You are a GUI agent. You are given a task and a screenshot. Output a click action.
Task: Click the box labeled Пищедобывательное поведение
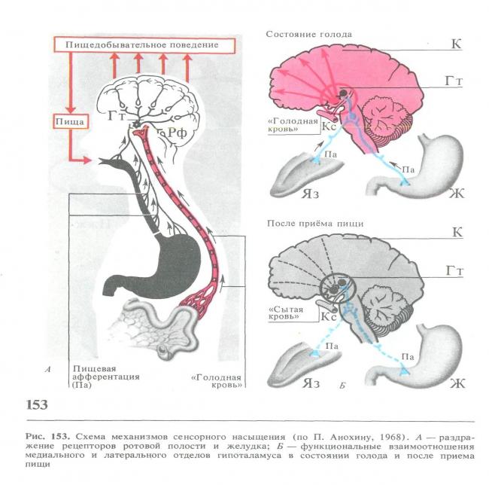144,45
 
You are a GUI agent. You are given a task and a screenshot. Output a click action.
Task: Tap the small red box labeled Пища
71,121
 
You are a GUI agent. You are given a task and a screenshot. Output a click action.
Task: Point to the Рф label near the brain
178,133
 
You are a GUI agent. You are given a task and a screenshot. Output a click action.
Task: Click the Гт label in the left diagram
117,116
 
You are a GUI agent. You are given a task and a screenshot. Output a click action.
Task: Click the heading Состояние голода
308,35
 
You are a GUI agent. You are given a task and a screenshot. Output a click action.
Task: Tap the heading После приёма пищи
315,224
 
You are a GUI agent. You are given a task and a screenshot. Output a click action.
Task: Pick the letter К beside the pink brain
456,44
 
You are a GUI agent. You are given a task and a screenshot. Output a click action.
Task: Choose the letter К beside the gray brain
457,233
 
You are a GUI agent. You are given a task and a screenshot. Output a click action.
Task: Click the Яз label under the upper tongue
310,194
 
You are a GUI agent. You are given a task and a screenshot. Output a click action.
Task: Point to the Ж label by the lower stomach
457,383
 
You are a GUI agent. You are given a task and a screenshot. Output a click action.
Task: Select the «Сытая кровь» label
286,313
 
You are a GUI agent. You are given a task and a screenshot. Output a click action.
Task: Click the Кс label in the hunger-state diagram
329,127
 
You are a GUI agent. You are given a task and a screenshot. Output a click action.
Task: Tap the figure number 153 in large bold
37,404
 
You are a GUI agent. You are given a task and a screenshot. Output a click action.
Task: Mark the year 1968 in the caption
387,437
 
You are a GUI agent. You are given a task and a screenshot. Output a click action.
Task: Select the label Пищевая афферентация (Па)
106,377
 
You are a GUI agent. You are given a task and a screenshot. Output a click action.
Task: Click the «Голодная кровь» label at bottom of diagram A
217,381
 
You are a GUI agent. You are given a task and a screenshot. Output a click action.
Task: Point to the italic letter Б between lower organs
342,385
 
